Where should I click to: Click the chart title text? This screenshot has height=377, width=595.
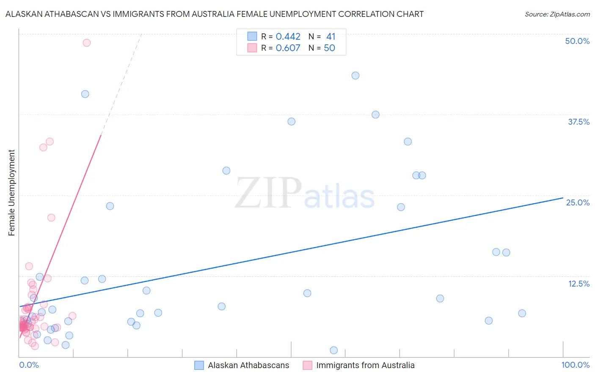coord(214,14)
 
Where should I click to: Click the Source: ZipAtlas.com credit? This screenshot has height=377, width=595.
coord(557,14)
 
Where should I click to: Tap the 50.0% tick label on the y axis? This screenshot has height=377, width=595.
coord(577,41)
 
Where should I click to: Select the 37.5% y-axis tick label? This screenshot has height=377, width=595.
coord(578,122)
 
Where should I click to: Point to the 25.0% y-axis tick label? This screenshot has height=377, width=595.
coord(578,202)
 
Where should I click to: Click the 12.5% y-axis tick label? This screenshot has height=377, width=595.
coord(578,284)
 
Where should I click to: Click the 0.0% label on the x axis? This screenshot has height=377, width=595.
coord(29,365)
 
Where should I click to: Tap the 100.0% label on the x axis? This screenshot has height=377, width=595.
coord(575,365)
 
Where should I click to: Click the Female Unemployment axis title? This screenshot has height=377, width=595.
coord(11,193)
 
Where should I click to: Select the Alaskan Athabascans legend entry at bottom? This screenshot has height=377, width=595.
coord(248,365)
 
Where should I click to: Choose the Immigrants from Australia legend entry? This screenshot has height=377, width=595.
coord(365,365)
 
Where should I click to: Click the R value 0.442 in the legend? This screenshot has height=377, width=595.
coord(288,36)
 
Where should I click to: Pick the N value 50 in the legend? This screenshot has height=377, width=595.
coord(329,48)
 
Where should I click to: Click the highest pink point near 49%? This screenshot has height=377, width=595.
coord(87,43)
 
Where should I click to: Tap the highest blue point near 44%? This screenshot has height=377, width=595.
coord(355,76)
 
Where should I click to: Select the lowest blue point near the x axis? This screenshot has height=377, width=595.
coord(333,350)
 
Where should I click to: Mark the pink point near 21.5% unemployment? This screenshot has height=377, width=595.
coord(51,218)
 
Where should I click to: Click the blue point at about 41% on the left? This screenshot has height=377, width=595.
coord(85,94)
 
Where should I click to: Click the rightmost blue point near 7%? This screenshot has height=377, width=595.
coord(522,313)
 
